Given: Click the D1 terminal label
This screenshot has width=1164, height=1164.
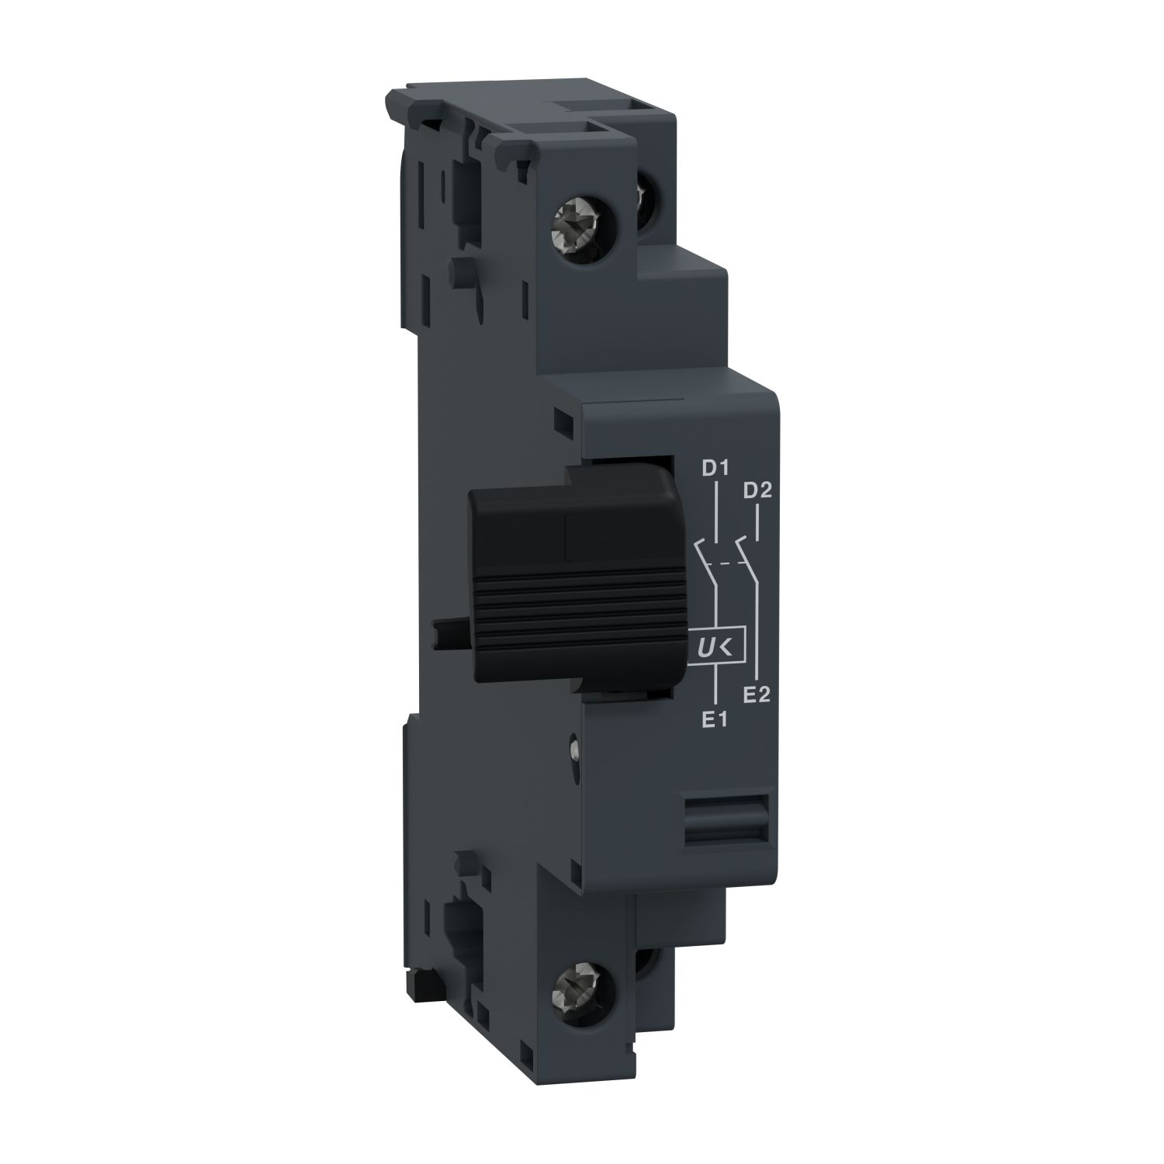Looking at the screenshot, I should pos(713,469).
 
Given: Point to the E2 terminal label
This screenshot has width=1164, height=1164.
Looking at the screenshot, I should pos(756,695).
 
